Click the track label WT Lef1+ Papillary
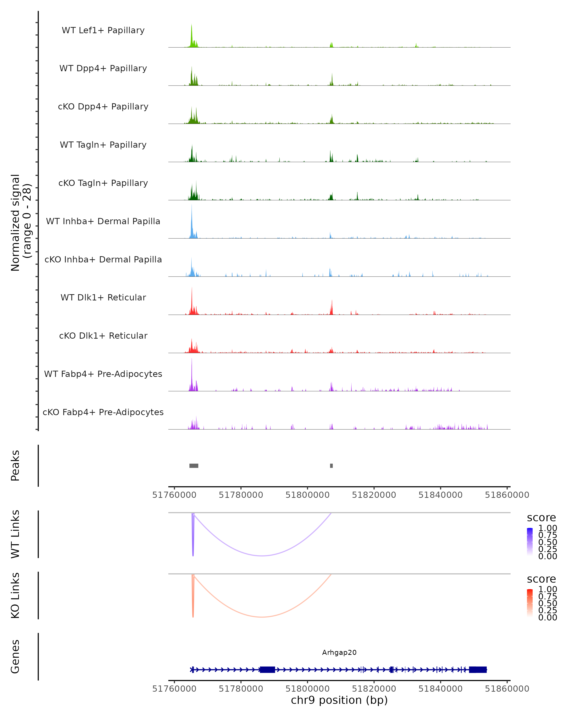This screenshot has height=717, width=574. (103, 30)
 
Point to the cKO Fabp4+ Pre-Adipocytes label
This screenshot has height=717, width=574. (103, 412)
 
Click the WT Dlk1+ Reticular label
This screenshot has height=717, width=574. (103, 297)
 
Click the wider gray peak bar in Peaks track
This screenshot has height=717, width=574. (194, 466)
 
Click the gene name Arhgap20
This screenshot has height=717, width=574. (339, 652)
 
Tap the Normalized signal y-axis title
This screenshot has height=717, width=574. (21, 223)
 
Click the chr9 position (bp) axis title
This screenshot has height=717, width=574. (339, 700)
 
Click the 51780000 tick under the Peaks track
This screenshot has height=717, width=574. (241, 495)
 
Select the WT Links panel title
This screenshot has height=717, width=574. (15, 534)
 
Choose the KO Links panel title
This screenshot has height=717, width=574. (15, 595)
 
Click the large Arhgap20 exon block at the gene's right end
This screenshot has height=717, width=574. (478, 669)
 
